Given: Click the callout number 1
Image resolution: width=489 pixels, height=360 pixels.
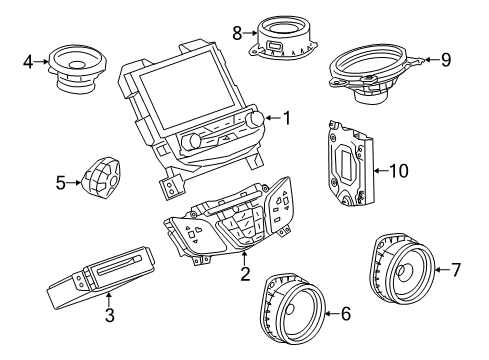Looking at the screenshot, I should [286, 119].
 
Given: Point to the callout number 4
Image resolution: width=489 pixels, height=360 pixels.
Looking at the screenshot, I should [29, 62].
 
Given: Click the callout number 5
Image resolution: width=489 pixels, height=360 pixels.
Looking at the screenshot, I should [61, 183].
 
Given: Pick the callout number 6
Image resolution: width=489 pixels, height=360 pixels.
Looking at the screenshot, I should [345, 342].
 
